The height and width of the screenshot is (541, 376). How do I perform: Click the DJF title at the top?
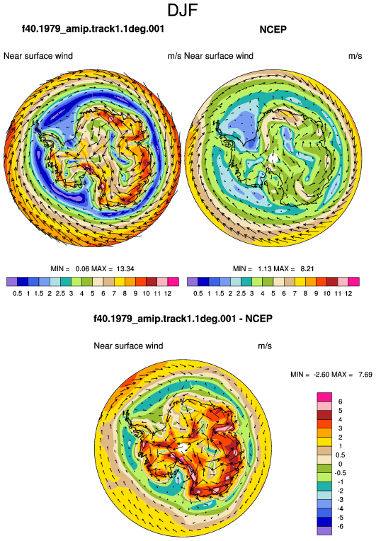[183, 11]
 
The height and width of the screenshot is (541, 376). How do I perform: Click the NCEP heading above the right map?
[273, 30]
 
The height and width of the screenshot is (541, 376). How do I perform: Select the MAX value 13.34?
[125, 269]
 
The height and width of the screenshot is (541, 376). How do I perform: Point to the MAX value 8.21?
[307, 269]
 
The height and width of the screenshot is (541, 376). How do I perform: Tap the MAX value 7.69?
[365, 375]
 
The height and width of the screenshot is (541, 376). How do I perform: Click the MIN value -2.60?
[321, 375]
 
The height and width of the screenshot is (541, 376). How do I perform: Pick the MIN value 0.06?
[82, 269]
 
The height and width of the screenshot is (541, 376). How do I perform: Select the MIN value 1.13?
[265, 269]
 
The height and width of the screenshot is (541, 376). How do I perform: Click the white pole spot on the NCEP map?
[273, 159]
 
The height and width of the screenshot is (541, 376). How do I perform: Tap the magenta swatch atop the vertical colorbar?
[324, 397]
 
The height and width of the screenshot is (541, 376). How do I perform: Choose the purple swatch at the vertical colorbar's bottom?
[324, 530]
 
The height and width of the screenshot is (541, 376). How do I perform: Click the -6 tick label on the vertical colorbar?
[340, 527]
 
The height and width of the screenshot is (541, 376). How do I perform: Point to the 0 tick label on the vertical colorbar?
[340, 464]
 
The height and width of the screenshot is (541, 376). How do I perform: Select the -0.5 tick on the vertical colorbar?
[341, 473]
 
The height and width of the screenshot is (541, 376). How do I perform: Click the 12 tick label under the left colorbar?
[168, 294]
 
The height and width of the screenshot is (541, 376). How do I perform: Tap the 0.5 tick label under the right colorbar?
[198, 294]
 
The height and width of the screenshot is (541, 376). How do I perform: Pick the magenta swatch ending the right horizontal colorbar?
[354, 282]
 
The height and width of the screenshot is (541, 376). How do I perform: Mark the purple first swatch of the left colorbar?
[12, 282]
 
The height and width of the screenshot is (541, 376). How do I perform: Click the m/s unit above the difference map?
[265, 346]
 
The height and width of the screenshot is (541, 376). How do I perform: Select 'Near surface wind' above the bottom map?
[128, 346]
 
